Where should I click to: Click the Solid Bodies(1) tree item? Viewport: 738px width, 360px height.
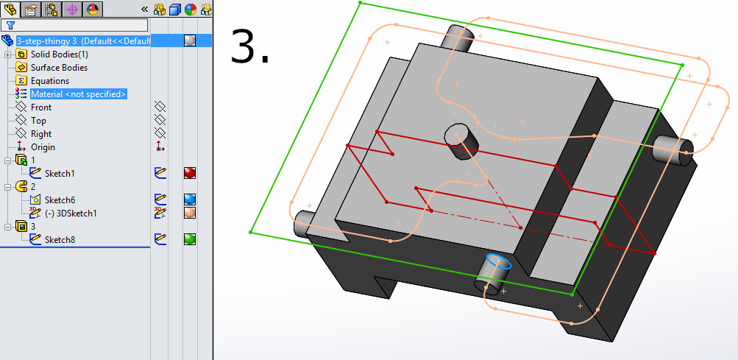59,54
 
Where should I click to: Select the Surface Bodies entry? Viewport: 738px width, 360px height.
59,68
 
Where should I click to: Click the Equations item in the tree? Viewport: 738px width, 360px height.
50,81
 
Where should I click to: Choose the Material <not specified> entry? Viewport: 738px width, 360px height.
78,94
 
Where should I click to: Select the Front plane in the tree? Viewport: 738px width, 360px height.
41,107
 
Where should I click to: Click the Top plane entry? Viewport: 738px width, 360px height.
38,121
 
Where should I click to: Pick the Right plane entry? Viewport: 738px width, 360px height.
41,134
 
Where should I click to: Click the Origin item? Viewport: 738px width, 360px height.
43,147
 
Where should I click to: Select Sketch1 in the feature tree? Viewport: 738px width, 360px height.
60,174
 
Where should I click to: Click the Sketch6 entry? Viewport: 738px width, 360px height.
60,200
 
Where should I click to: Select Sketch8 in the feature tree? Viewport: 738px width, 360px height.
60,240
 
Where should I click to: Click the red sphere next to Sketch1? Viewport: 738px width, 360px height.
190,174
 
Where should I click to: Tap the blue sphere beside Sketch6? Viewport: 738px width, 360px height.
190,200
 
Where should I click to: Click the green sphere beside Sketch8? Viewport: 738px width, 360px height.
190,240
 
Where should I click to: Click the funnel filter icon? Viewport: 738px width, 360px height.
11,24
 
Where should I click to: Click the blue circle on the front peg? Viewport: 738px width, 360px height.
498,262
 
